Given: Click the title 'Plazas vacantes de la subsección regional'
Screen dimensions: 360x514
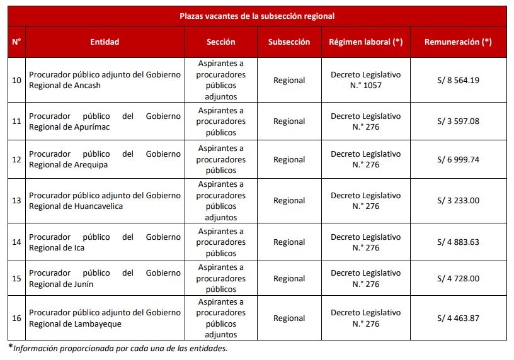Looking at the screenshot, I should point(256,16).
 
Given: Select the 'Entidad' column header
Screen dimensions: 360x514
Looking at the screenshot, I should point(105,42).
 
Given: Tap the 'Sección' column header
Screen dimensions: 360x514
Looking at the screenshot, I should point(220,42).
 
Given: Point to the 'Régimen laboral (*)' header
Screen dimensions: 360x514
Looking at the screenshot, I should point(365,42).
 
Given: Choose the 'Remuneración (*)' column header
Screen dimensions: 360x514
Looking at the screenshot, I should point(458,42).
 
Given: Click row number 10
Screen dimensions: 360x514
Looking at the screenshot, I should point(16,80).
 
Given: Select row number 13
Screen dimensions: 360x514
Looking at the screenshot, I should point(16,201).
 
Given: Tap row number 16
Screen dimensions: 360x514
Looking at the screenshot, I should point(16,318).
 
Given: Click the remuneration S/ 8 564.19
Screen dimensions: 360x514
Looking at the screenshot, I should point(458,80).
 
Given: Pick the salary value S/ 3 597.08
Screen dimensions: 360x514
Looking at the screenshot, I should point(458,121).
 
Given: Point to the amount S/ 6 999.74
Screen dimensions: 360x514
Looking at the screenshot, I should point(458,159).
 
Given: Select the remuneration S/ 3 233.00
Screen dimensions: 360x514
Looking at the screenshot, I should point(458,201).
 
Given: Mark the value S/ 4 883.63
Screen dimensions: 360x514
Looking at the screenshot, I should point(458,242).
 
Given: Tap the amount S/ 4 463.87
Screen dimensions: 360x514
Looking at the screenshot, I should point(458,318).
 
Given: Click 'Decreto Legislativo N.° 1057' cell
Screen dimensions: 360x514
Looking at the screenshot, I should point(365,80).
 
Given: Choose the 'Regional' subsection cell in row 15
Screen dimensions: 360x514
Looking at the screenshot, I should point(289,279).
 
